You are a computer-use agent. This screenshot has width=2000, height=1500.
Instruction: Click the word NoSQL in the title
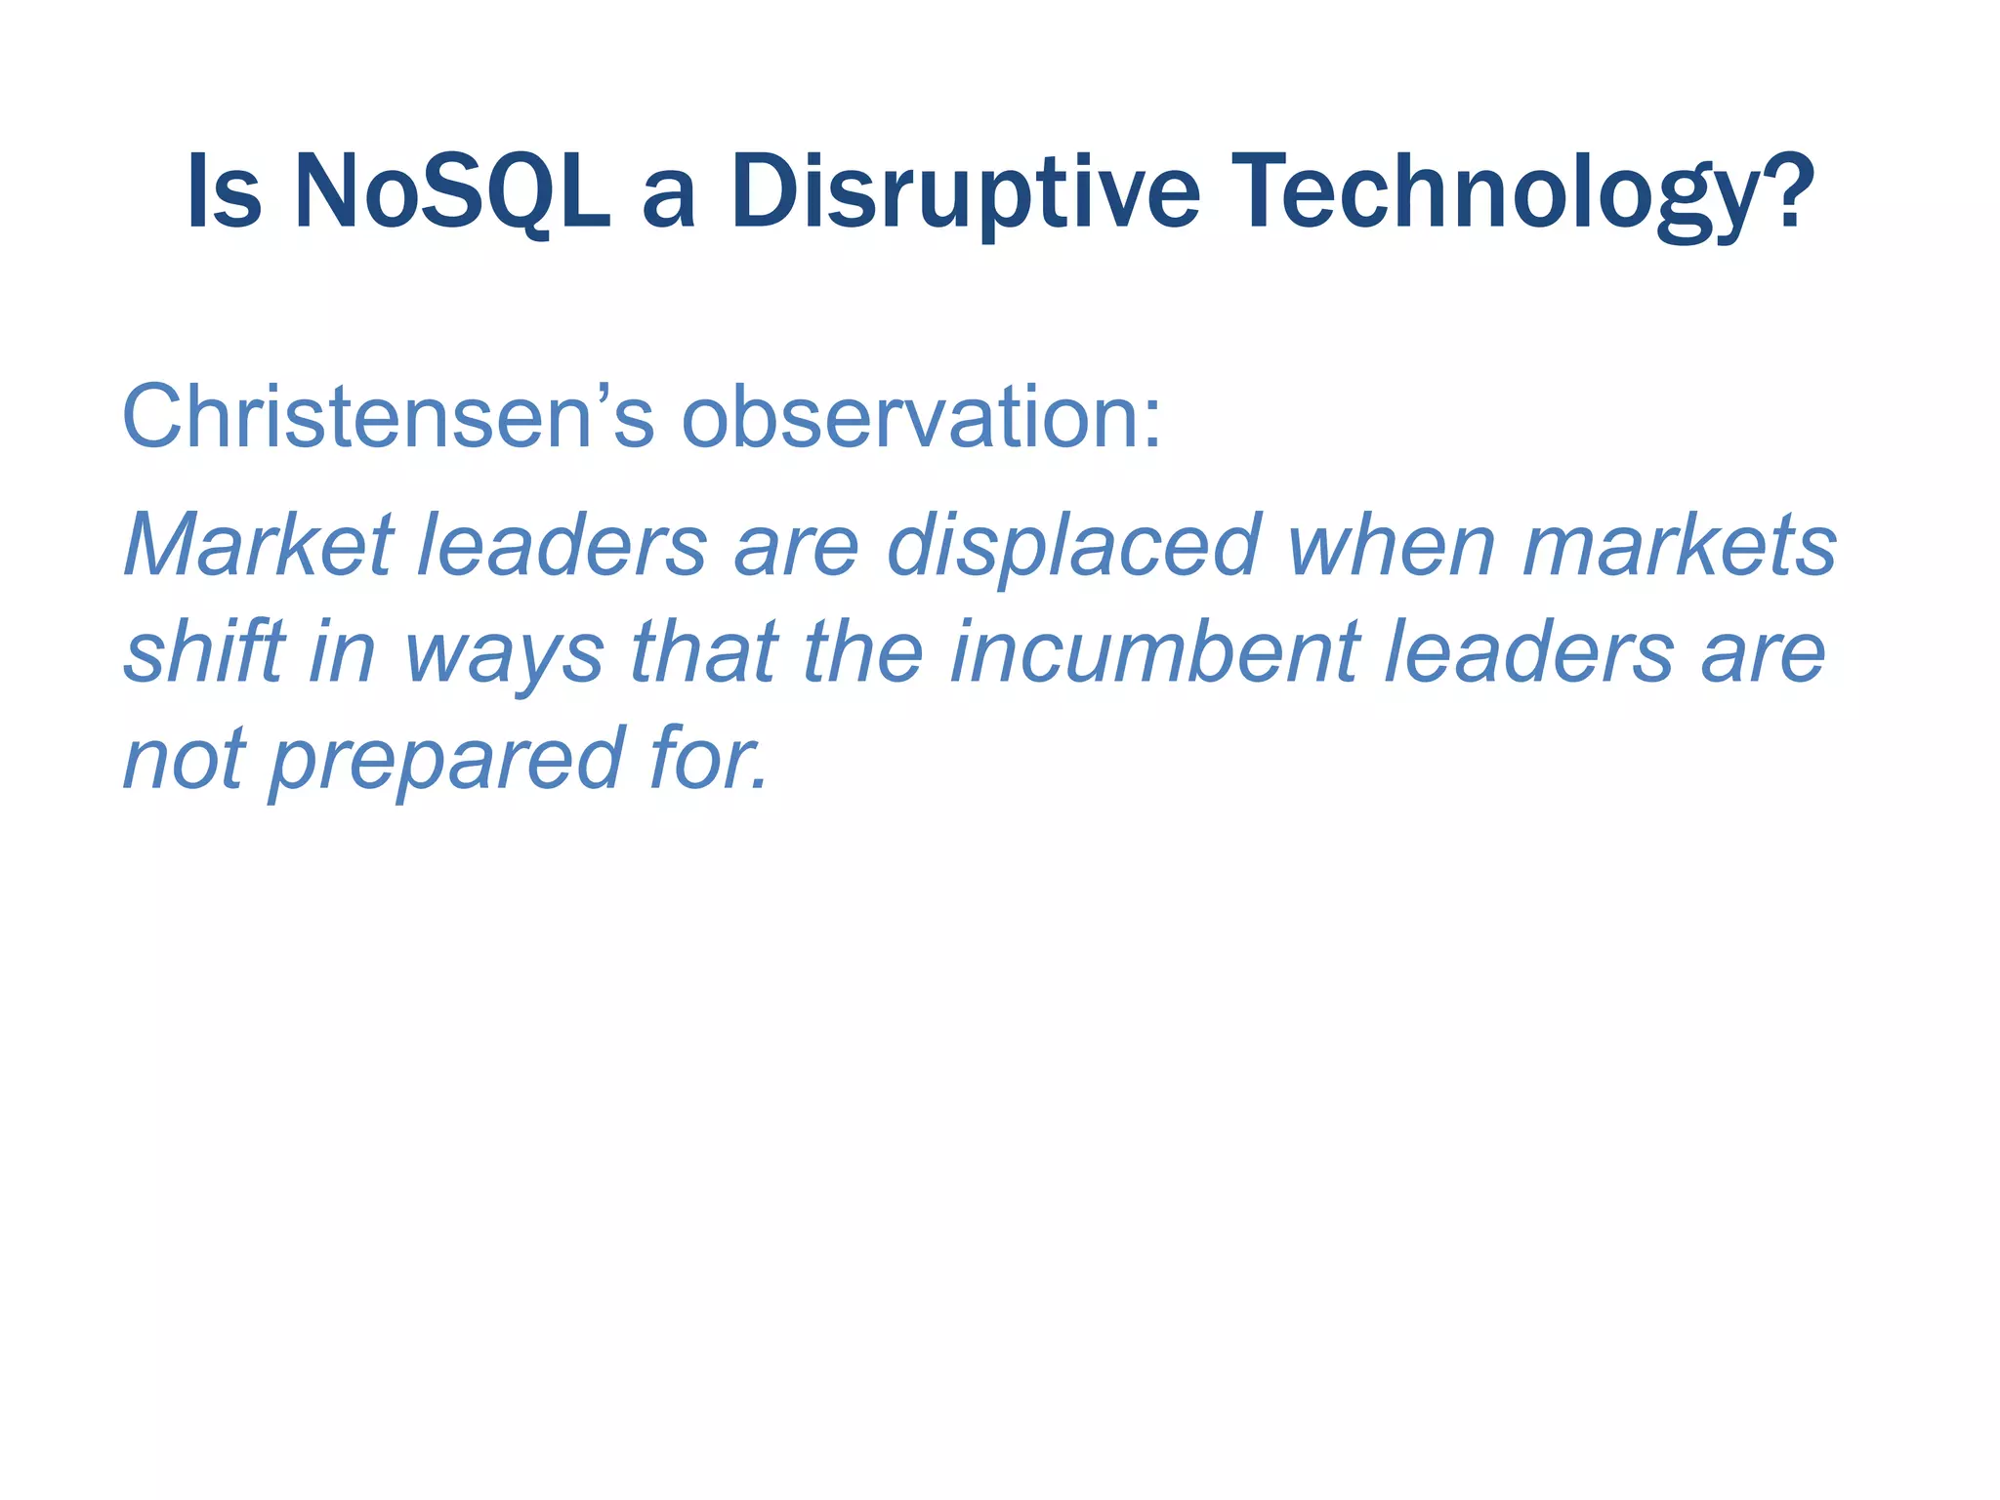point(451,192)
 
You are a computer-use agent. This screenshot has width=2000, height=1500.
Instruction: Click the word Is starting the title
point(224,192)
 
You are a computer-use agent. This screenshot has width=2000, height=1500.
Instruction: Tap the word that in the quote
point(704,651)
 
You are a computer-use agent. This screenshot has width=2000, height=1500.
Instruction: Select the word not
point(184,759)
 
